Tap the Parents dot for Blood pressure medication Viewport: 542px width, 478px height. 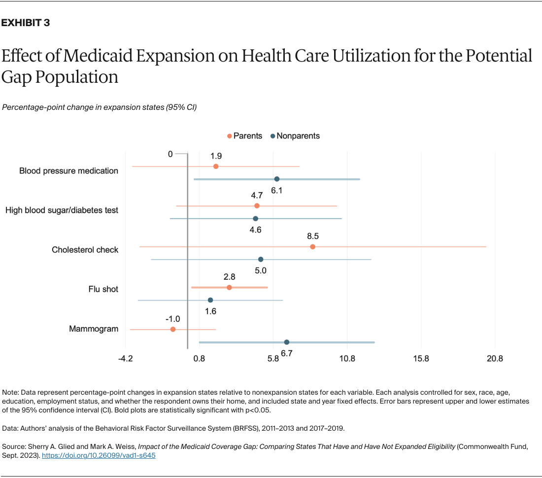[x=216, y=167]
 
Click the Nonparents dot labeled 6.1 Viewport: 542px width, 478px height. [x=277, y=179]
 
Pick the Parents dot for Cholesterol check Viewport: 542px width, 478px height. [x=312, y=246]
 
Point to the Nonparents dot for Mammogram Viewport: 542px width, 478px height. [x=287, y=342]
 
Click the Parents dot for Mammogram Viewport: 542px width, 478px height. [x=173, y=329]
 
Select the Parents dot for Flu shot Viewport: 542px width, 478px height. [x=229, y=287]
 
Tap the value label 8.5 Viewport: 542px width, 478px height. [x=312, y=236]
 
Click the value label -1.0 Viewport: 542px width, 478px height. [x=172, y=319]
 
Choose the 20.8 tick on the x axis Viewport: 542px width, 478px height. [x=495, y=359]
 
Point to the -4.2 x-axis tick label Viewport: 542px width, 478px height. [x=126, y=359]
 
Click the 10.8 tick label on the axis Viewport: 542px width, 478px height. [x=347, y=359]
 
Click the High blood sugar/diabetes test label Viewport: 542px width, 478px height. [x=62, y=210]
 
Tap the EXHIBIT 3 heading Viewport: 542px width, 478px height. [x=26, y=23]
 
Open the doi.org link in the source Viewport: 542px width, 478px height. [x=99, y=456]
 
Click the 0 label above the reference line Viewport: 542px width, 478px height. [x=170, y=154]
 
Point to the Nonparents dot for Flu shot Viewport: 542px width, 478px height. [x=210, y=300]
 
